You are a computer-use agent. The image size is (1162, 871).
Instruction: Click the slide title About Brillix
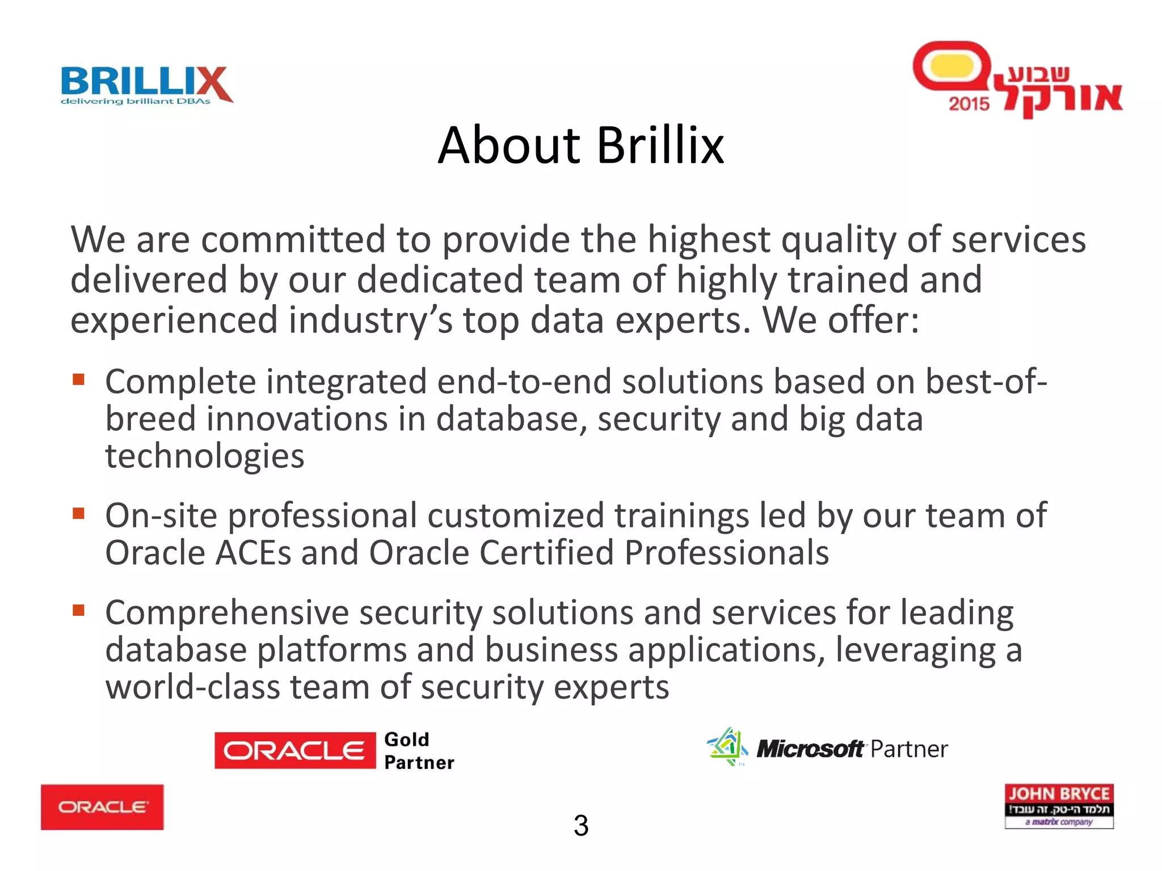point(580,146)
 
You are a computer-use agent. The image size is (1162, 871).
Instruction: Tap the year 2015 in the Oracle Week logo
point(969,104)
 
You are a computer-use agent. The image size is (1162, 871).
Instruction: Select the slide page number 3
point(580,826)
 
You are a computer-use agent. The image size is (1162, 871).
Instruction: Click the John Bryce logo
point(1059,806)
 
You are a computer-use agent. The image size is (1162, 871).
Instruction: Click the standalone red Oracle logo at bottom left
point(102,807)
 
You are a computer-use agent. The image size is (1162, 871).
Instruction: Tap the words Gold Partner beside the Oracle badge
point(419,751)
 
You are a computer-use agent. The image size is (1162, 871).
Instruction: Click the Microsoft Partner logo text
point(851,749)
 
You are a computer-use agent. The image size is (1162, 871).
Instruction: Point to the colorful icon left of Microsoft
point(727,747)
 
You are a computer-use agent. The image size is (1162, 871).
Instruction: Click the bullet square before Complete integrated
point(78,379)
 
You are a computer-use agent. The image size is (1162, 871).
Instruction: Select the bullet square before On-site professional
point(78,513)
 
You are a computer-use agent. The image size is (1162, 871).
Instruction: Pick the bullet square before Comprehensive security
point(78,610)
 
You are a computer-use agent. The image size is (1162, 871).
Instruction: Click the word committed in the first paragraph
point(293,239)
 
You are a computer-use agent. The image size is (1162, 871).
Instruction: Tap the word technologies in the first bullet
point(205,456)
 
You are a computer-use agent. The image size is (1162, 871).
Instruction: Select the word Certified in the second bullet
point(546,552)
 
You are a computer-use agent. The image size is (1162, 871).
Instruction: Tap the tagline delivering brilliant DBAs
point(135,102)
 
